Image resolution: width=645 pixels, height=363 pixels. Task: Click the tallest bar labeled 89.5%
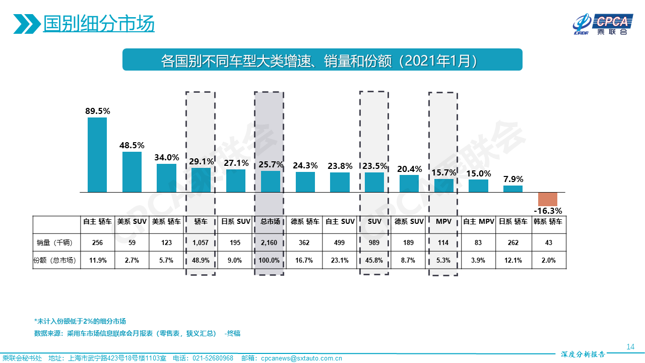[x=97, y=155]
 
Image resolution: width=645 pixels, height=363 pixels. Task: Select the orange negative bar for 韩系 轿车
[x=547, y=199]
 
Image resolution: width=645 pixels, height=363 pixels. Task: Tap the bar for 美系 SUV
[x=132, y=172]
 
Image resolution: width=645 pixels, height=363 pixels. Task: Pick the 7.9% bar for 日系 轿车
[x=513, y=189]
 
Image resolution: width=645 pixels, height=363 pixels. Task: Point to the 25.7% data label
[x=271, y=164]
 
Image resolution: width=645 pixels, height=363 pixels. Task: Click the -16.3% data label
[x=548, y=211]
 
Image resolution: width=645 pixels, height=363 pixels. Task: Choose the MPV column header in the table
[x=443, y=221]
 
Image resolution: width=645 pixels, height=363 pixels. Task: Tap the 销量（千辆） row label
[x=55, y=243]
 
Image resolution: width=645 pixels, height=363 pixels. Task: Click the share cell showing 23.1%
[x=339, y=260]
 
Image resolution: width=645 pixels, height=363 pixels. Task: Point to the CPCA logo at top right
[x=603, y=24]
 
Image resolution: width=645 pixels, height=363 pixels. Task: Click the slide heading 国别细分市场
[x=99, y=24]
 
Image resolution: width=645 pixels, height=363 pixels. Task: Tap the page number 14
[x=630, y=346]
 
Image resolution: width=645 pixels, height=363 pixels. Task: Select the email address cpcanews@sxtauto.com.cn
[x=301, y=358]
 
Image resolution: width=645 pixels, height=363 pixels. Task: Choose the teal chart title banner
[x=322, y=60]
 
